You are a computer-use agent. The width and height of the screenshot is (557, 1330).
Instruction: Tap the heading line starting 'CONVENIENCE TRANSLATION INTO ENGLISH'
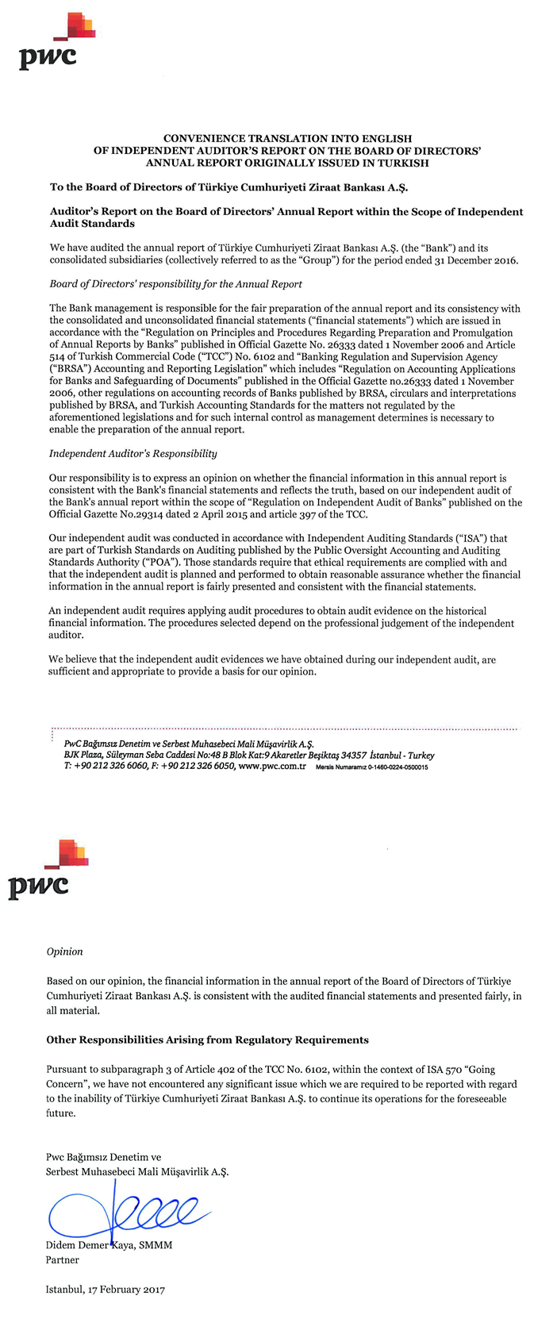(286, 138)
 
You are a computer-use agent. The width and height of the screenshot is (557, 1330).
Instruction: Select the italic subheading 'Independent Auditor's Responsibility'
(133, 454)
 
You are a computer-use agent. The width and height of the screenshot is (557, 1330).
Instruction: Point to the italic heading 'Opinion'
(64, 951)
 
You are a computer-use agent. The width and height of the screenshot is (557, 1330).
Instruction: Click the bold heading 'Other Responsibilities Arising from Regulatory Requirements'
(207, 1040)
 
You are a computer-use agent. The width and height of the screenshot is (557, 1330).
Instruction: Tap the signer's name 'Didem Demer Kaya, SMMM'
(109, 1245)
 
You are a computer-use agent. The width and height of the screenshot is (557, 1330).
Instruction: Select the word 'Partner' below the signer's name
(63, 1259)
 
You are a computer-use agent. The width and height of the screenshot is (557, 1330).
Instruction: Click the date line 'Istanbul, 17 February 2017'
(105, 1290)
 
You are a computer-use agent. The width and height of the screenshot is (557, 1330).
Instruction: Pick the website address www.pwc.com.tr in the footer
(272, 767)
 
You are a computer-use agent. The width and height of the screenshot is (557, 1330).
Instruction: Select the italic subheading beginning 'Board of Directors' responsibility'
(175, 284)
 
